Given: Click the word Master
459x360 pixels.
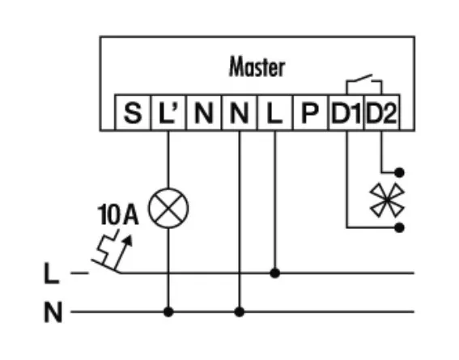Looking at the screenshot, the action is tap(257, 66).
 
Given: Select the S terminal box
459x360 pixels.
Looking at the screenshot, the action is tap(133, 112).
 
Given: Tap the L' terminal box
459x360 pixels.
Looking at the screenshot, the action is tap(168, 112).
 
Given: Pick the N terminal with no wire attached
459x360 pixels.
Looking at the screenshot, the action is tap(204, 112).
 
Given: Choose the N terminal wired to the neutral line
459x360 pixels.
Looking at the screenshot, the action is tap(240, 112).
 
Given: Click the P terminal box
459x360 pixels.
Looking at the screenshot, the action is tap(310, 112).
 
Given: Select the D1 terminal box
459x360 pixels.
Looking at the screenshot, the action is tap(346, 112).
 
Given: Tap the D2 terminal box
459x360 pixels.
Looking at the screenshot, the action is tap(382, 112).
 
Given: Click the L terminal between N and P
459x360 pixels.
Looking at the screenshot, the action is tap(275, 112).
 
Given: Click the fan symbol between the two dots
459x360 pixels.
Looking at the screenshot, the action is tap(387, 201).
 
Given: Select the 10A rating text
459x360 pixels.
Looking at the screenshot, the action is tap(117, 214).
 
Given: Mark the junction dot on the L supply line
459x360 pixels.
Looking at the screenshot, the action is tap(275, 273).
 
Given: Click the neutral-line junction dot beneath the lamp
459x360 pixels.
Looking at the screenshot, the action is tap(168, 312).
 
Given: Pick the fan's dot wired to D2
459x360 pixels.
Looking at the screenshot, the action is tap(400, 172).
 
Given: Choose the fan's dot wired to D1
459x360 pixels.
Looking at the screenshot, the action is tap(400, 227).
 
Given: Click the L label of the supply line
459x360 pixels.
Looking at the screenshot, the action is tap(52, 273).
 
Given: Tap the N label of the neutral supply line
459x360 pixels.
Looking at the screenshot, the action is tap(53, 312).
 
